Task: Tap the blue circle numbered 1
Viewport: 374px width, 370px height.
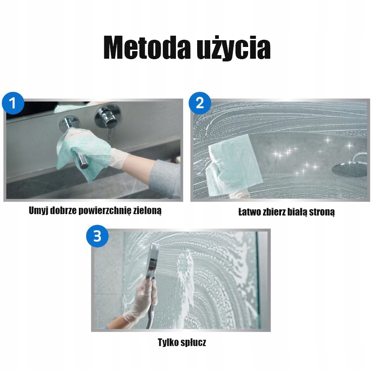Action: coord(13,103)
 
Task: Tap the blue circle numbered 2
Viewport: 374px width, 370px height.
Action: coord(199,103)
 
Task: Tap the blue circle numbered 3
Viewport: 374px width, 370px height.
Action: coord(97,235)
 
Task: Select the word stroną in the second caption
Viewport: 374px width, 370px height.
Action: coord(321,212)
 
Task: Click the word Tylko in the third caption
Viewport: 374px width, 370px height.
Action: coord(168,342)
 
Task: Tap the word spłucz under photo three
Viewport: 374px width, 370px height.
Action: coord(194,342)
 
